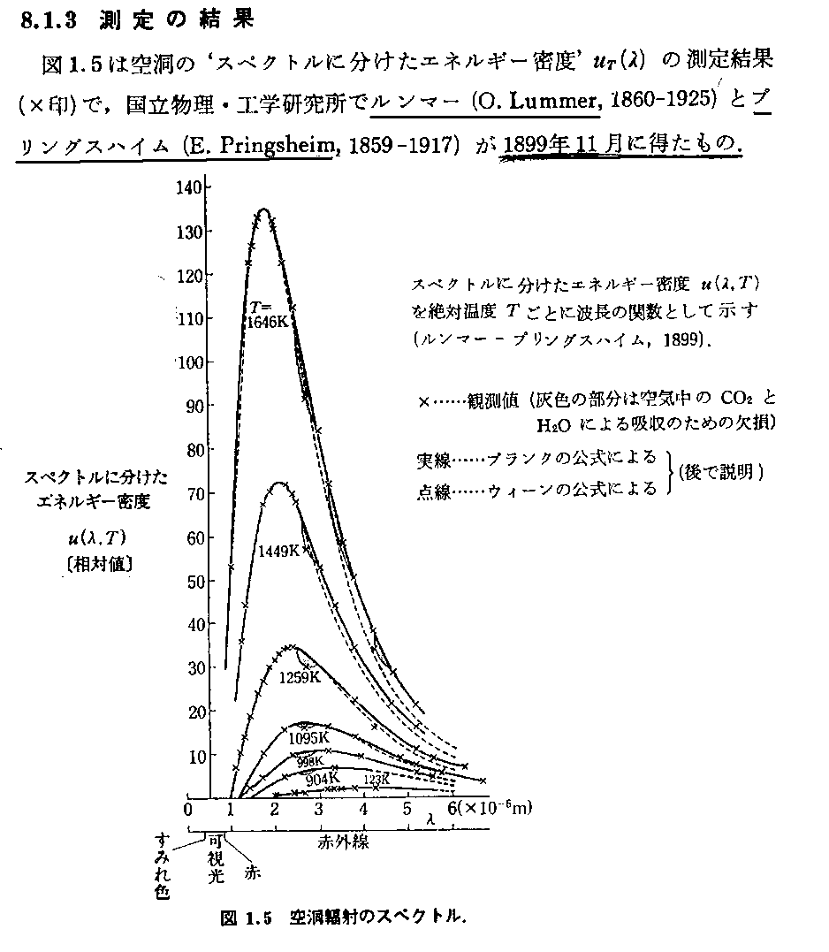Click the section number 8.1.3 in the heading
click(x=53, y=20)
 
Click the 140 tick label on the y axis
click(x=191, y=187)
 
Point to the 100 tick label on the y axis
click(x=191, y=362)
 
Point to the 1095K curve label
click(x=309, y=736)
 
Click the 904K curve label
click(x=322, y=780)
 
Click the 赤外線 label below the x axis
click(x=343, y=842)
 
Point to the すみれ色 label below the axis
click(x=161, y=866)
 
